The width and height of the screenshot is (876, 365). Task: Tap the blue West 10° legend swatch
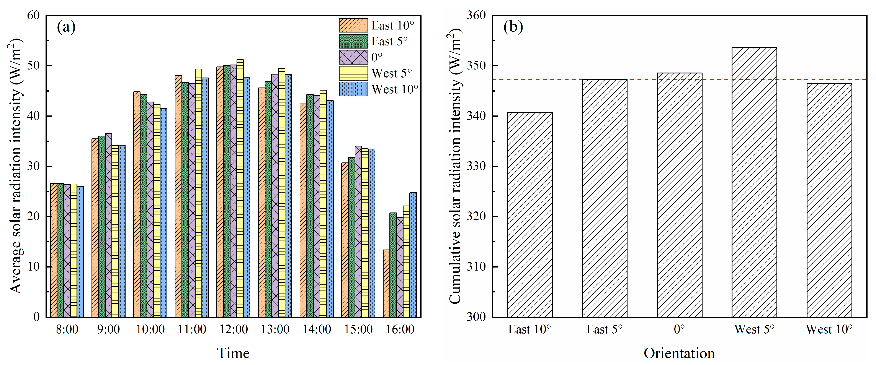point(353,89)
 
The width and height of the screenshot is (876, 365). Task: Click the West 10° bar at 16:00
point(413,255)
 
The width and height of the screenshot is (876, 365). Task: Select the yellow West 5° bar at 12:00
point(240,189)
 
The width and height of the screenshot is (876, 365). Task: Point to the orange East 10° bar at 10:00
point(137,204)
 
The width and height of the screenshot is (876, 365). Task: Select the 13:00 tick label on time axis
point(275,329)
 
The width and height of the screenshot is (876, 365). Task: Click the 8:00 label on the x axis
point(67,329)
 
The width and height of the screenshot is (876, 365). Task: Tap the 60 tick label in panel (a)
point(33,15)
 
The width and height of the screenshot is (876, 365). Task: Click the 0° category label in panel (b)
point(679,329)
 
